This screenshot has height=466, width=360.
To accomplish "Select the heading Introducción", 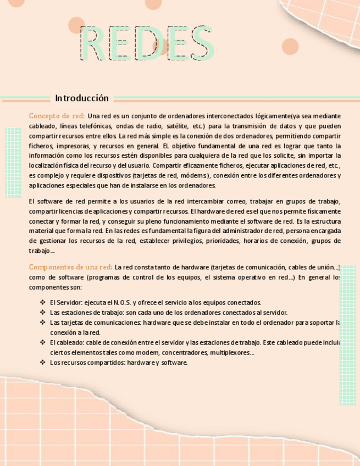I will click(82, 98).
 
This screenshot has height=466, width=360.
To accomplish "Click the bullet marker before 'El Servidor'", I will click(43, 302).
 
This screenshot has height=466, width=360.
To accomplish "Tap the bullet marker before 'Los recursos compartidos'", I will click(43, 363).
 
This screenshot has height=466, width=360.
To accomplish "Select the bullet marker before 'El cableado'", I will click(43, 342).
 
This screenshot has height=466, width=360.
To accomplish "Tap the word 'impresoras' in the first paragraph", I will click(74, 146).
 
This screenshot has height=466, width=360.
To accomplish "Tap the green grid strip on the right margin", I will click(348, 335).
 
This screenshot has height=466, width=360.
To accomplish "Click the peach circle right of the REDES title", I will click(290, 47).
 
